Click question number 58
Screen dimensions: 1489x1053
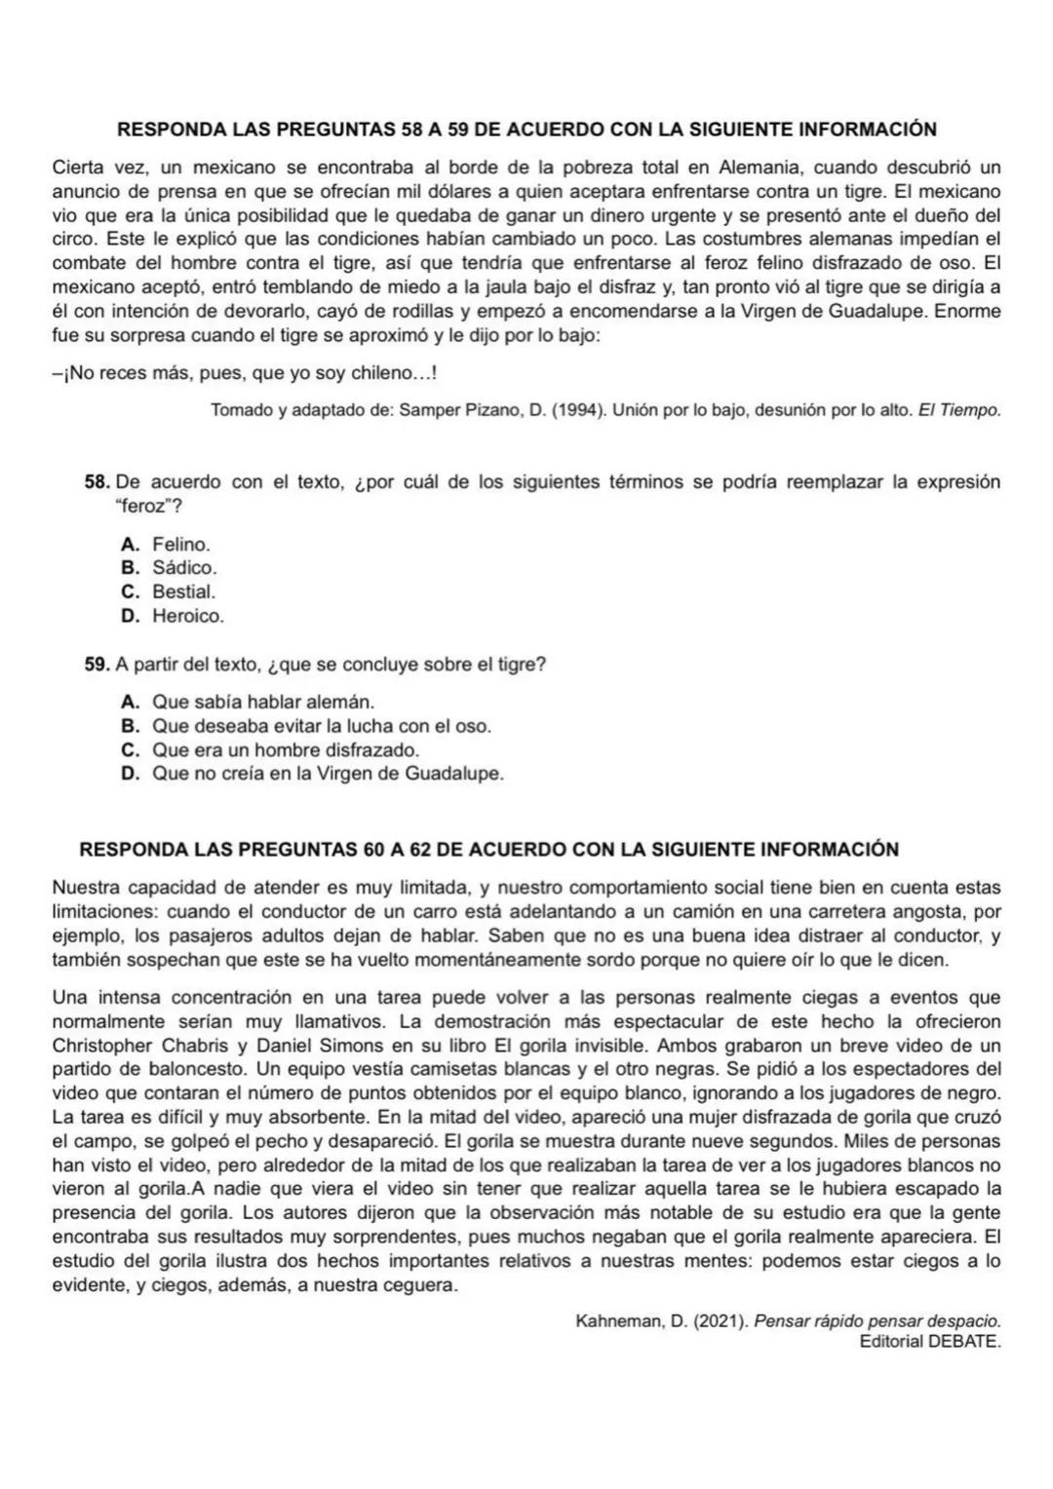[97, 482]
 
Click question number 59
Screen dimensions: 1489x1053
[97, 665]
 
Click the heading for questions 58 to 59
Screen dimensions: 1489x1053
[526, 130]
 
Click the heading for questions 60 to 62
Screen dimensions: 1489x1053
[488, 850]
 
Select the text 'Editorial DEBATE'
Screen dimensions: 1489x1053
[930, 1342]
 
